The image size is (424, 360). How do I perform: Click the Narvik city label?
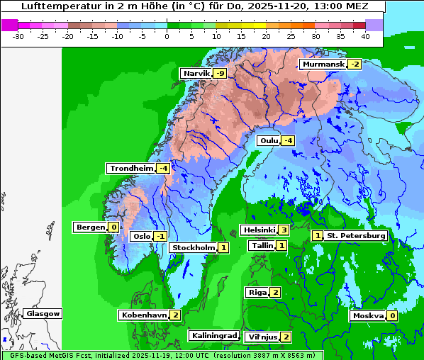point(196,74)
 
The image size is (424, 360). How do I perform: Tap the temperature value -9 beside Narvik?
point(220,74)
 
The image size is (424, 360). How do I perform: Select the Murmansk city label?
point(323,64)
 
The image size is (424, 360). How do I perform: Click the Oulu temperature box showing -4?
point(287,141)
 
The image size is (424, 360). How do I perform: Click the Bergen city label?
point(89,227)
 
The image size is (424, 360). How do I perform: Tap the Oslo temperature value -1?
point(161,237)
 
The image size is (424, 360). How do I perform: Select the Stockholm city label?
point(193,247)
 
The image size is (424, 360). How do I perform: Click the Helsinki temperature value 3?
point(283,230)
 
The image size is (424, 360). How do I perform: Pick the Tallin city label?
point(261,245)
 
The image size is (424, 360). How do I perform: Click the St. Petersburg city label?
point(356,235)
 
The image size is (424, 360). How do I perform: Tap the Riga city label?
point(257,292)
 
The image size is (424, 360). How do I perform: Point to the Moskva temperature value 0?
point(392,315)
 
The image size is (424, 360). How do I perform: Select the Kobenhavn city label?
point(144,315)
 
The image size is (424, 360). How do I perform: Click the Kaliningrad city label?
point(213,336)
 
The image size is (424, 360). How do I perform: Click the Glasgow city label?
point(43,313)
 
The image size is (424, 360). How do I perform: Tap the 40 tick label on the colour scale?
point(365,35)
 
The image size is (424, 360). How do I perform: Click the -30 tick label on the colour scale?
point(18,35)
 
